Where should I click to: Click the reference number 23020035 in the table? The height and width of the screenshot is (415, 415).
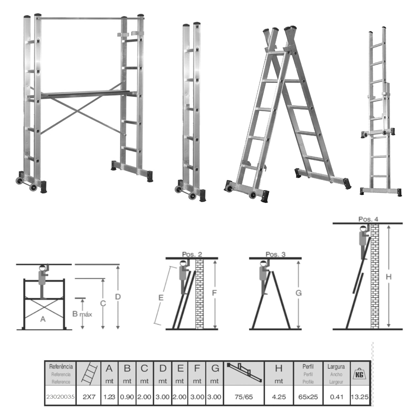click(61, 397)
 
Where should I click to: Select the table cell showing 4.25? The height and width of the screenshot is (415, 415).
click(279, 397)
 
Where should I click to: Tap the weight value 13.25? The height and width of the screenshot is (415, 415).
click(360, 397)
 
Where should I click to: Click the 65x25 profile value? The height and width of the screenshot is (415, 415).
click(308, 397)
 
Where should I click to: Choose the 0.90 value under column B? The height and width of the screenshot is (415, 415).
click(127, 397)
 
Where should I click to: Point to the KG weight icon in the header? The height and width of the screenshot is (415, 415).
click(360, 373)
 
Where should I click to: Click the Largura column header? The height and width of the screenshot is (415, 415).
click(336, 367)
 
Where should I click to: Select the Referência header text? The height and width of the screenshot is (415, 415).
click(61, 367)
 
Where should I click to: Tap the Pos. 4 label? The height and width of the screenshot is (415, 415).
click(368, 219)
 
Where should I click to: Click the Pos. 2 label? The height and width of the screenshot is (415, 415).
click(192, 254)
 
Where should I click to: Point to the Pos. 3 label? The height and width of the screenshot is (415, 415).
click(276, 254)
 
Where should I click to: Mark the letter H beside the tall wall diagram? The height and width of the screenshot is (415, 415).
click(389, 277)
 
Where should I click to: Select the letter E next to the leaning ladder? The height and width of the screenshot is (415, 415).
click(161, 298)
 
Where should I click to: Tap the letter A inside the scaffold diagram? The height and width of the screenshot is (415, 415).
click(43, 319)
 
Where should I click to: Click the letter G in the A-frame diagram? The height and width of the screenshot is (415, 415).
click(298, 293)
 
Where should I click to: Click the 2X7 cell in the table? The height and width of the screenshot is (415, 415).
click(89, 397)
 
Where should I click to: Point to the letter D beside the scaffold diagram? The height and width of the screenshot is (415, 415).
click(118, 297)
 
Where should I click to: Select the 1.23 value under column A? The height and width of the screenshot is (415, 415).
click(109, 397)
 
